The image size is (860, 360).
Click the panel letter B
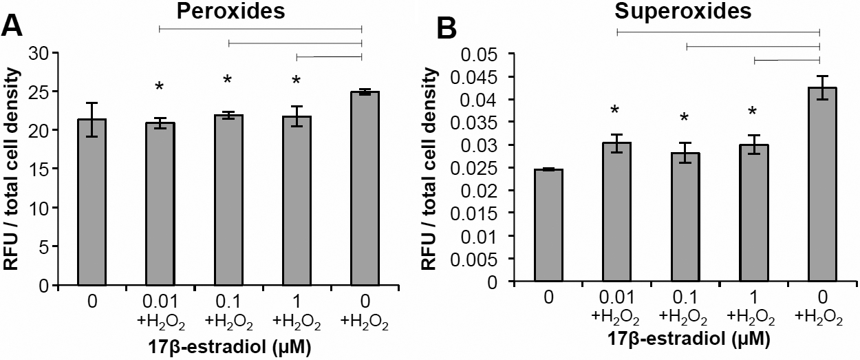pos(448,29)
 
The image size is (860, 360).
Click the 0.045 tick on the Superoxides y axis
pos(508,76)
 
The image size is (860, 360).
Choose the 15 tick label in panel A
pos(47,169)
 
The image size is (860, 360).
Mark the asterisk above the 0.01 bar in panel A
pos(160,87)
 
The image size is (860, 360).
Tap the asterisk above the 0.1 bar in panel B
pos(685,118)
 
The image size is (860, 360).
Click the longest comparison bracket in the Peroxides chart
pos(260,28)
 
